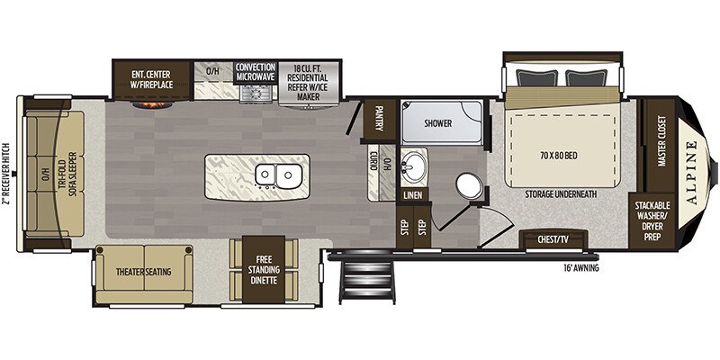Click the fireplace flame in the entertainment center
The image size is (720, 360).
[x=153, y=105]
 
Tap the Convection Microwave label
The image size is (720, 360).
[x=256, y=73]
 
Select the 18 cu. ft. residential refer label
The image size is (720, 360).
[x=308, y=82]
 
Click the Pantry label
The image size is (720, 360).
[x=379, y=118]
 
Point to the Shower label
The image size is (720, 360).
[x=437, y=123]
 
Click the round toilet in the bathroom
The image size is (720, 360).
[x=469, y=185]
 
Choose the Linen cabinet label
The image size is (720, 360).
[x=413, y=195]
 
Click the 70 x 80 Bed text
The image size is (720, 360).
[x=560, y=155]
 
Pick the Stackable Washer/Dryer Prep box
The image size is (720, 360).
[x=652, y=221]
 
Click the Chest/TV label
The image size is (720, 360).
[x=553, y=240]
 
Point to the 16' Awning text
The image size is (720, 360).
[x=582, y=267]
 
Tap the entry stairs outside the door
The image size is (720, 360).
[x=367, y=281]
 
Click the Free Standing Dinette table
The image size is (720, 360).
[x=264, y=269]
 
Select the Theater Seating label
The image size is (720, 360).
[x=143, y=272]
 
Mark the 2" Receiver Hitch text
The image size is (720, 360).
[x=7, y=174]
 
